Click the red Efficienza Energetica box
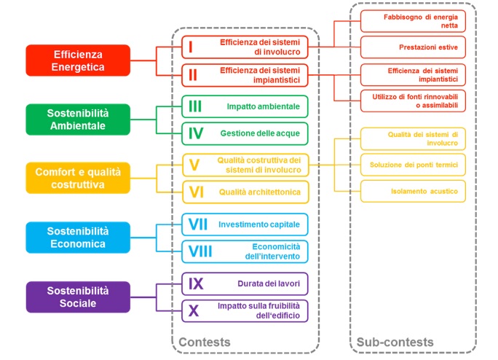click(78, 60)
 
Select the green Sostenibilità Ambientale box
click(78, 120)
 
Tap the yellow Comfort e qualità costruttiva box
click(78, 178)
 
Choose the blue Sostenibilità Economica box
click(78, 238)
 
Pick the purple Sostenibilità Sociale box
click(78, 297)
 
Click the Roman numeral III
click(195, 106)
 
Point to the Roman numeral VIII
click(200, 251)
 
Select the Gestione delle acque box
click(245, 134)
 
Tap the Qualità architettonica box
click(245, 192)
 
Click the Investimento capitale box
click(245, 224)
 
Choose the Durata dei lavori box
click(245, 283)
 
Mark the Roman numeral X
click(194, 311)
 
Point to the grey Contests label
click(205, 342)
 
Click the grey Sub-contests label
click(395, 342)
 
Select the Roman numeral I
click(190, 47)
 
